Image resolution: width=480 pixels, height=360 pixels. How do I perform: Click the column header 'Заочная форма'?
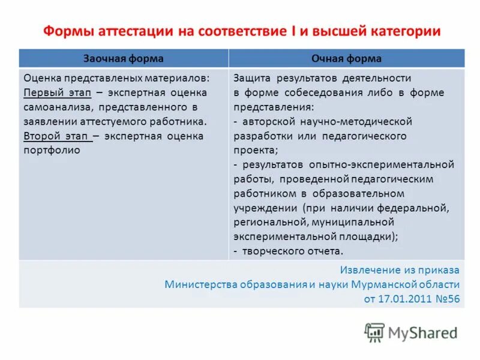(123, 58)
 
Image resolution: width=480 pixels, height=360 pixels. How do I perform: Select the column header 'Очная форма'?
(346, 58)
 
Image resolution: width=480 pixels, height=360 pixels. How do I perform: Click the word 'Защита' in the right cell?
(250, 78)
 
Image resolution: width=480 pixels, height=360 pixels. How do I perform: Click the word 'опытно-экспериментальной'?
(381, 164)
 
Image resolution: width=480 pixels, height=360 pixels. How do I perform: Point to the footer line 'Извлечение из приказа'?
(400, 269)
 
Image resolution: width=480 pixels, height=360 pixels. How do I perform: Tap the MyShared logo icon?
(374, 332)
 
